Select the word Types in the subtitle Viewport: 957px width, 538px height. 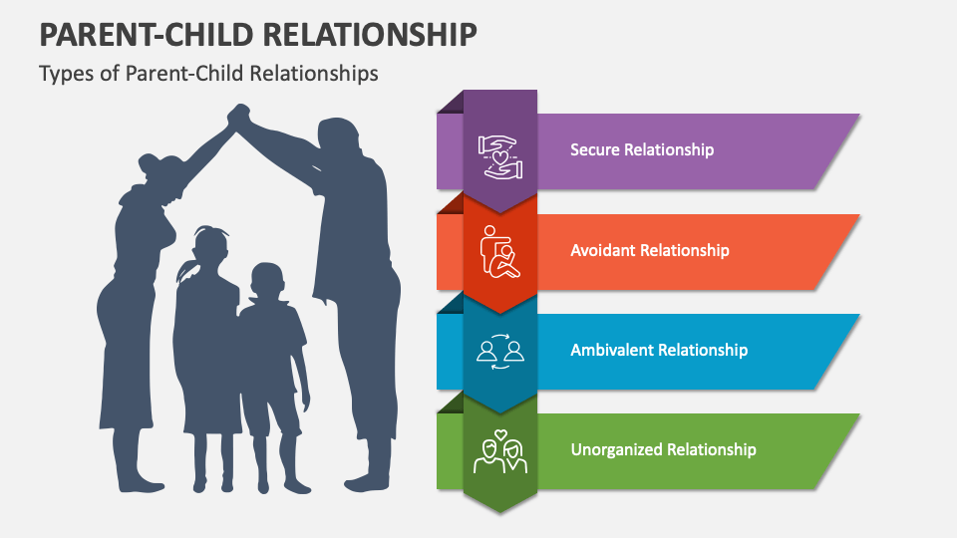click(64, 74)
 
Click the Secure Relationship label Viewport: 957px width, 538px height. click(642, 149)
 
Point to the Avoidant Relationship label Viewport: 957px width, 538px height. click(650, 250)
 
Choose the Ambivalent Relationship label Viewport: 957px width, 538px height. click(659, 350)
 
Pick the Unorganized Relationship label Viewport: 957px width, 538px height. click(663, 449)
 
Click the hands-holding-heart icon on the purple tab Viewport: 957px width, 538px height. click(500, 156)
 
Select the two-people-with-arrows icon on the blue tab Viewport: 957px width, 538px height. click(500, 351)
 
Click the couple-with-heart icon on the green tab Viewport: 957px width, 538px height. click(500, 451)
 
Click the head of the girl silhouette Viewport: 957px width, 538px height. click(209, 244)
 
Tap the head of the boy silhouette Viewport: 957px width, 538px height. click(265, 281)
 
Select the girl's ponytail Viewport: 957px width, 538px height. click(185, 271)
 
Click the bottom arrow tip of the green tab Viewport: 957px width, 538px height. click(500, 509)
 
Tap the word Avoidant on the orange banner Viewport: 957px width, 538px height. click(601, 250)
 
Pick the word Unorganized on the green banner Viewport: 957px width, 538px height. click(615, 449)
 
